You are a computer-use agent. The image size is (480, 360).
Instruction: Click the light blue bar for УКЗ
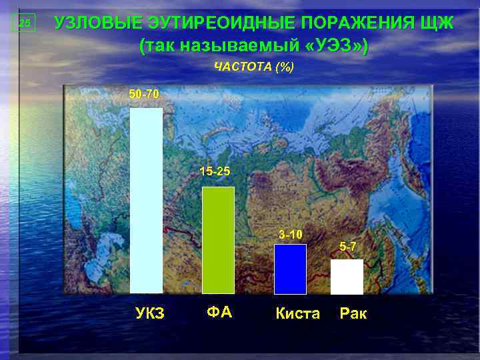146,200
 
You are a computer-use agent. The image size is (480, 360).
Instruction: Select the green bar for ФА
218,240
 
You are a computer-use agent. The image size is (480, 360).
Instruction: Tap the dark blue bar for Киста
290,269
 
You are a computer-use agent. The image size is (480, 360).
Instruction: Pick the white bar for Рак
347,277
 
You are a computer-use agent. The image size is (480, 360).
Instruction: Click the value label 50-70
144,95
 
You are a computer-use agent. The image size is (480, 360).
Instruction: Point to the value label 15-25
215,172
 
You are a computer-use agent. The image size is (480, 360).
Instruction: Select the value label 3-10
291,234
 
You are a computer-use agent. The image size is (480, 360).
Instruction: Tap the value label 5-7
348,247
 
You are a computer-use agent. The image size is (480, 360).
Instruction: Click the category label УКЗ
150,313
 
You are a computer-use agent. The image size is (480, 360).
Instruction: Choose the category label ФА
219,312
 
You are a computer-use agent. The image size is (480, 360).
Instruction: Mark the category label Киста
297,313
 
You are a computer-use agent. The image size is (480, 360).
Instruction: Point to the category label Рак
353,313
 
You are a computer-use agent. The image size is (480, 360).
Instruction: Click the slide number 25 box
25,24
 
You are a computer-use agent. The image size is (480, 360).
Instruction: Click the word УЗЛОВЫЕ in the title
97,23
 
